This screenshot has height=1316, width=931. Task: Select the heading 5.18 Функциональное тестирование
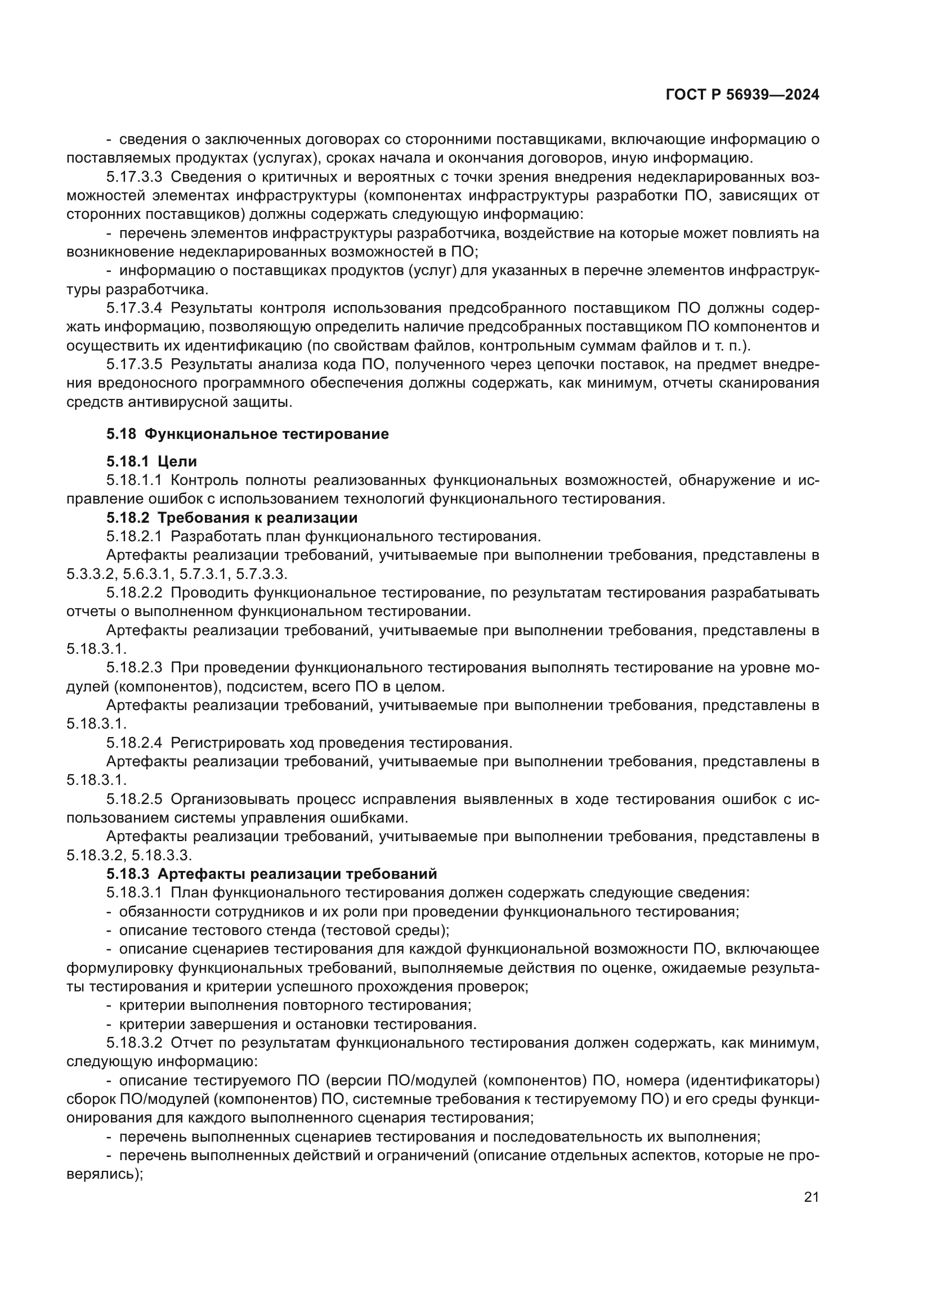247,434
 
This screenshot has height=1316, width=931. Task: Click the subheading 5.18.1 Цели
151,461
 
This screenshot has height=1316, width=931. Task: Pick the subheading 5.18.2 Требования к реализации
231,518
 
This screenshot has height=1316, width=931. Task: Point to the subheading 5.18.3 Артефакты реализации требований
271,874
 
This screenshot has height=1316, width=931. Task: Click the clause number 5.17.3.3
134,177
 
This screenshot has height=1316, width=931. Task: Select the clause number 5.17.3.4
134,308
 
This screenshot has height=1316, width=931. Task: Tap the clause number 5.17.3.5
134,365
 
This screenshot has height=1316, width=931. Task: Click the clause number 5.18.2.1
134,537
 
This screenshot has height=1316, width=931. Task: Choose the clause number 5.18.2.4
134,743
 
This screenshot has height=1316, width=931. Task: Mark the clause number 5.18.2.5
134,799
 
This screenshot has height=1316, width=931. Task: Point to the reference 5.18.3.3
162,855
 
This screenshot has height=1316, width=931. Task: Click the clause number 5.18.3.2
134,1043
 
